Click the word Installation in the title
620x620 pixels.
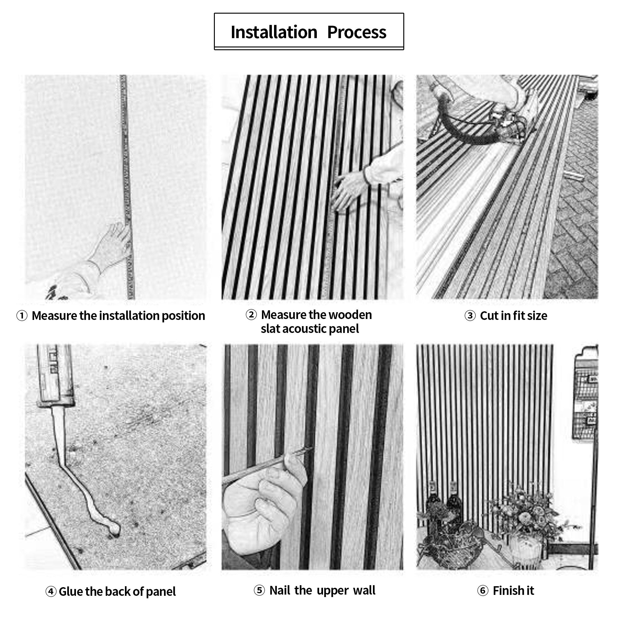point(274,33)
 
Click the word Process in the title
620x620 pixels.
point(356,33)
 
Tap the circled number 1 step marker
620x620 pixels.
point(22,316)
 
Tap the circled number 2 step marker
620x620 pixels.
point(251,315)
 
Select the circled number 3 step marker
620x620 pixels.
point(470,316)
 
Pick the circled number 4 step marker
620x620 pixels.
point(51,591)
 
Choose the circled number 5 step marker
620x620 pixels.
point(259,591)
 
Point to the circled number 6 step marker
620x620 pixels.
point(483,591)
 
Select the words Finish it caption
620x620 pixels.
point(513,591)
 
